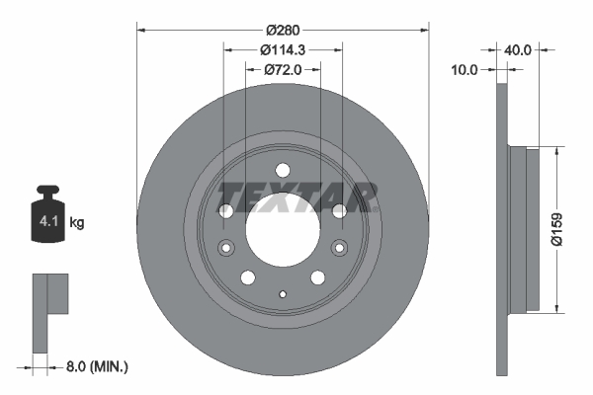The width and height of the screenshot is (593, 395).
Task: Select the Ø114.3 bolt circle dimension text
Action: coord(283,49)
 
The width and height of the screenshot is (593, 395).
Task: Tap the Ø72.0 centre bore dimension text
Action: coord(283,70)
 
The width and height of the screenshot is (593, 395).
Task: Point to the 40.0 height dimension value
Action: coord(521,47)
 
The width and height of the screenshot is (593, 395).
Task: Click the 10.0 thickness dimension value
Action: coord(465,70)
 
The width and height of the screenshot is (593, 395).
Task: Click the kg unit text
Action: coord(78,223)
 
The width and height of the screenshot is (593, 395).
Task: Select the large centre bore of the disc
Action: coord(283,228)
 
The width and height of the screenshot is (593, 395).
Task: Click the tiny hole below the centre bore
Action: coord(283,293)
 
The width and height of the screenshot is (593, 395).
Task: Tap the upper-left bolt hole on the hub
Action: coord(226,210)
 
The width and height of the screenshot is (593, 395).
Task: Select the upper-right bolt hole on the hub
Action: coord(340,210)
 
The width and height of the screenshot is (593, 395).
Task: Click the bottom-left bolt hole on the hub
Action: coord(247,276)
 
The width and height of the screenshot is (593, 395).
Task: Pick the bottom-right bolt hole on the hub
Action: coord(318,276)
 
